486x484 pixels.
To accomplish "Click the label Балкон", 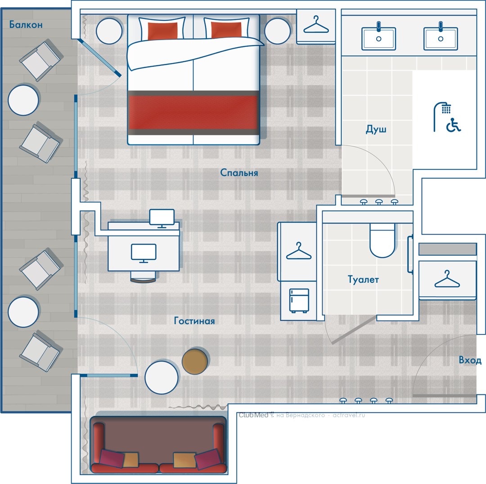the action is [26, 24].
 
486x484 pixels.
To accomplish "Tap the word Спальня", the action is [239, 173].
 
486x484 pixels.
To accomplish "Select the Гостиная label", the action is [194, 321].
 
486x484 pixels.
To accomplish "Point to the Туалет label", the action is [363, 280].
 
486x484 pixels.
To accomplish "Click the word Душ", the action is [376, 129].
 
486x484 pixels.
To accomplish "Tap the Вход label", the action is [470, 360].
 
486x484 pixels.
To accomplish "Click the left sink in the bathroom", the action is [378, 36].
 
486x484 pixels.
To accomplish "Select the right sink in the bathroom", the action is [441, 36].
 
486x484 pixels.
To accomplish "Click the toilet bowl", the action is [382, 240].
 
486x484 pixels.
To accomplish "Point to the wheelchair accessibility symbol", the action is [454, 125].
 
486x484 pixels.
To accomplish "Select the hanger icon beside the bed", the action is [316, 25].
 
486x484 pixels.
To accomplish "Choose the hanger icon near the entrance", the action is [447, 279].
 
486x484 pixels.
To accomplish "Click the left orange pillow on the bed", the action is [162, 31].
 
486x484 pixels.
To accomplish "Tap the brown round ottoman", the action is [195, 361].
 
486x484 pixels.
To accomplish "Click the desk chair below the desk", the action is [143, 276].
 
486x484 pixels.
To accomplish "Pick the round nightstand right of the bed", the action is [277, 31].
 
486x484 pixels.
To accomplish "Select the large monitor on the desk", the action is [144, 253].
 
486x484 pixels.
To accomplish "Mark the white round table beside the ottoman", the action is [162, 377].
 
